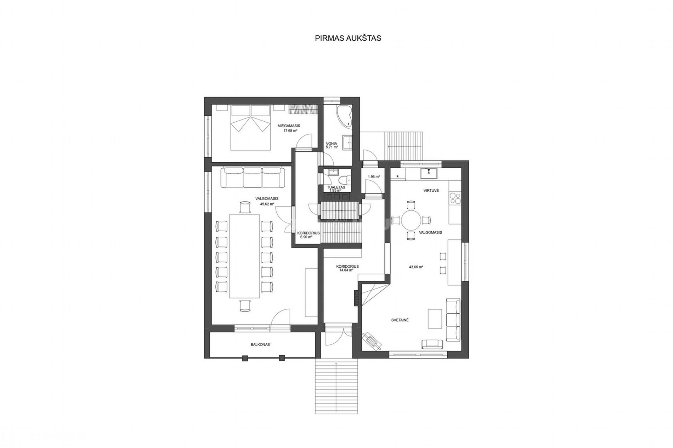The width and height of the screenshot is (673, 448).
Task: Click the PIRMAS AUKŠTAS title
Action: pyautogui.click(x=348, y=38)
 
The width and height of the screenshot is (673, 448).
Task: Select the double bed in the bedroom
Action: pyautogui.click(x=251, y=127)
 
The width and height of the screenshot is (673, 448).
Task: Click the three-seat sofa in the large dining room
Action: pyautogui.click(x=253, y=178)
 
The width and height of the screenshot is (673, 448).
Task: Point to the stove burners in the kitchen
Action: pyautogui.click(x=454, y=198)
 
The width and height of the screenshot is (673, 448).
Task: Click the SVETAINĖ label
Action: pyautogui.click(x=400, y=320)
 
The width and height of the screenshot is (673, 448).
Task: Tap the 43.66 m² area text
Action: pyautogui.click(x=416, y=267)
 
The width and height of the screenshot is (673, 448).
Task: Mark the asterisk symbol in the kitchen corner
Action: pyautogui.click(x=397, y=176)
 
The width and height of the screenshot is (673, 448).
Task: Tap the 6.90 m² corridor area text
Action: pyautogui.click(x=306, y=237)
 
